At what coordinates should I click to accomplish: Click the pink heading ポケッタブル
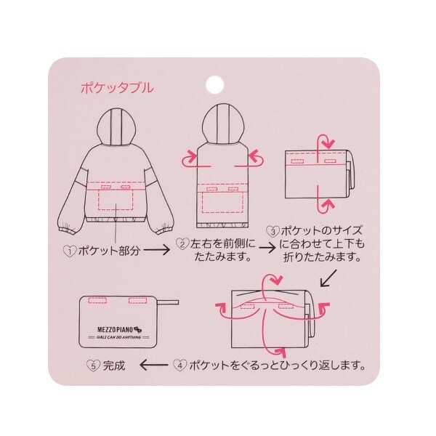pos(117,88)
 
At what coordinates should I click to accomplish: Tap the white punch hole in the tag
pos(215,84)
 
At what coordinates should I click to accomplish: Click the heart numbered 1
pos(70,251)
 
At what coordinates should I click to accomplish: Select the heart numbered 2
pos(182,244)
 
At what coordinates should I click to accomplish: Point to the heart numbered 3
pos(272,231)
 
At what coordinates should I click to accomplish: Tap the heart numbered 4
pos(179,365)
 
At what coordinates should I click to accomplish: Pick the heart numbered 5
pos(93,366)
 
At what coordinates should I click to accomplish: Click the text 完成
pos(114,366)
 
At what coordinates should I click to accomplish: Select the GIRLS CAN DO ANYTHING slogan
pos(118,337)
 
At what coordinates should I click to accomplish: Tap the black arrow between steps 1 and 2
pos(156,250)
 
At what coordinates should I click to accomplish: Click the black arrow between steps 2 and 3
pos(267,248)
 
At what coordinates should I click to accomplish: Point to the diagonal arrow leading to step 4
pos(328,278)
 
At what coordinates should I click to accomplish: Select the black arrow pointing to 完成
pos(154,365)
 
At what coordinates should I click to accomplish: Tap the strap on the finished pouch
pos(166,302)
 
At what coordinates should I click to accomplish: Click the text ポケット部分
pos(109,251)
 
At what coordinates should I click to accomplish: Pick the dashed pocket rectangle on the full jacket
pos(116,199)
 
